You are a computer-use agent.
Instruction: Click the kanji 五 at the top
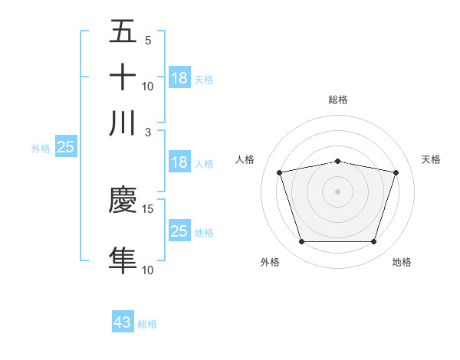[x=123, y=33]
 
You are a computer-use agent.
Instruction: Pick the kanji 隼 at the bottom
[x=123, y=260]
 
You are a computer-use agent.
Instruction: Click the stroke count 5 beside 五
[x=148, y=41]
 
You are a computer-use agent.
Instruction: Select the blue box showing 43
[x=123, y=322]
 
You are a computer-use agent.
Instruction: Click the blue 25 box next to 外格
[x=65, y=147]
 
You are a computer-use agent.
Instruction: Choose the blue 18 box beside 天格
[x=179, y=77]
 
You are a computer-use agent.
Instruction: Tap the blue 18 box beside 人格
[x=179, y=162]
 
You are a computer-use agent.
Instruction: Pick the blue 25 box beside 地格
[x=179, y=231]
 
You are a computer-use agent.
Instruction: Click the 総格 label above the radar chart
[x=338, y=100]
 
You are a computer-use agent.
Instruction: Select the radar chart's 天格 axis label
[x=431, y=159]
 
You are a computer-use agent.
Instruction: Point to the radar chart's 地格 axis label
[x=402, y=262]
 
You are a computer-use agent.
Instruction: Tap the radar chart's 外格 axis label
[x=270, y=262]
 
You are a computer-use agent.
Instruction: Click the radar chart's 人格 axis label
[x=245, y=159]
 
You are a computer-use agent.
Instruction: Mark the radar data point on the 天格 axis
[x=396, y=172]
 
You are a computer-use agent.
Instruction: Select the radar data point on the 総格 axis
[x=338, y=161]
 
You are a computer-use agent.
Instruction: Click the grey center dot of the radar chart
[x=338, y=191]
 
